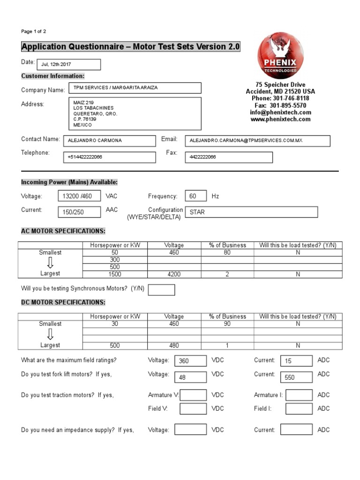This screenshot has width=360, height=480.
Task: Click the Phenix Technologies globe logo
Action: click(x=280, y=56)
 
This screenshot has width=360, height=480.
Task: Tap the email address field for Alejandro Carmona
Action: click(x=257, y=141)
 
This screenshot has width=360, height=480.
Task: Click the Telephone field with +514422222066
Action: click(x=109, y=157)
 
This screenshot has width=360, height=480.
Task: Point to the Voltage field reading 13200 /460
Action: click(x=79, y=196)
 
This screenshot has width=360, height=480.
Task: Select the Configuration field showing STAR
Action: click(x=251, y=212)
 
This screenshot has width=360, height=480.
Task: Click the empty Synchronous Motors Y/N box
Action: click(x=161, y=290)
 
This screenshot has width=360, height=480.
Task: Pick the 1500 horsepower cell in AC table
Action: click(x=114, y=274)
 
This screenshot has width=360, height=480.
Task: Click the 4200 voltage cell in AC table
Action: click(x=174, y=274)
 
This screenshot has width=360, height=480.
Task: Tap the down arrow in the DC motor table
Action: click(x=50, y=334)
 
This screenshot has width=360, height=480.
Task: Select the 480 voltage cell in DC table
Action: click(x=174, y=345)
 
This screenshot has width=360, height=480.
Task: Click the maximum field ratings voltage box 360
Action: click(x=190, y=361)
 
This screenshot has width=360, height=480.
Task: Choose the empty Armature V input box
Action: click(x=193, y=395)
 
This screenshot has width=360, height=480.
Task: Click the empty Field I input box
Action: click(x=299, y=409)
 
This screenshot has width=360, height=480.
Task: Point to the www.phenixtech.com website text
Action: click(x=280, y=120)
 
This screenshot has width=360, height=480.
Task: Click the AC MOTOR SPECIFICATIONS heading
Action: click(x=63, y=231)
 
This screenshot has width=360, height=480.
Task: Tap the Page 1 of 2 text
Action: click(x=34, y=31)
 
